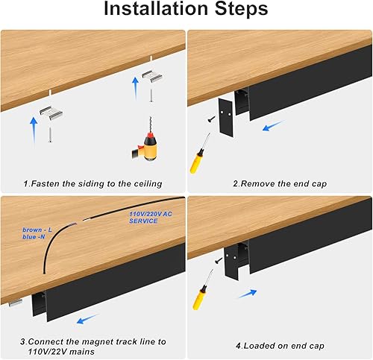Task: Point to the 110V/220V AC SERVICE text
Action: [140, 217]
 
